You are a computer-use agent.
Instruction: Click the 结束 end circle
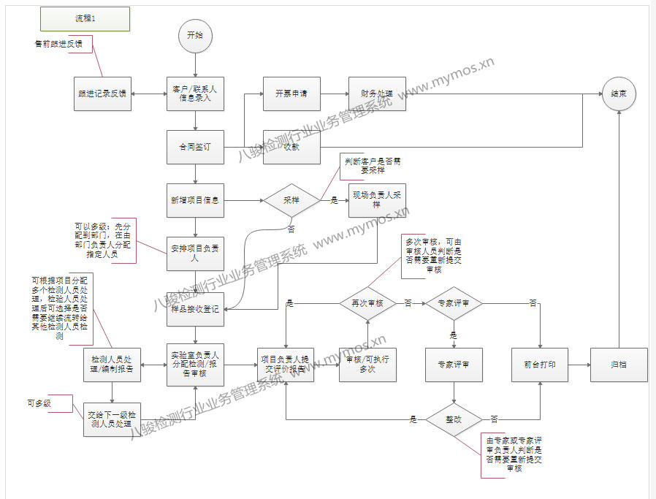coord(619,94)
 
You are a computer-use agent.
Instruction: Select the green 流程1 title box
coord(85,19)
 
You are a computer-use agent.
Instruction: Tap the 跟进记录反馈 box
coord(102,94)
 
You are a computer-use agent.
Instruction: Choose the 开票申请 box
coord(291,94)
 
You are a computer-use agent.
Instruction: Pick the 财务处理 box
coord(377,94)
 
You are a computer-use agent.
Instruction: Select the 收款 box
coord(291,147)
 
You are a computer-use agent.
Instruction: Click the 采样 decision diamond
coord(291,200)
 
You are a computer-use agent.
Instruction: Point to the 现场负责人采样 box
coord(377,200)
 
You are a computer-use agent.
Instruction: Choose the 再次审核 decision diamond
coord(367,302)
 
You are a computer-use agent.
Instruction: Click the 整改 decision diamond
coord(454,419)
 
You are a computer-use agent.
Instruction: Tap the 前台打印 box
coord(541,365)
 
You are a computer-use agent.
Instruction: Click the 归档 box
coord(619,365)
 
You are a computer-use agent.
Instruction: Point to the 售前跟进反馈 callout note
coord(59,44)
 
